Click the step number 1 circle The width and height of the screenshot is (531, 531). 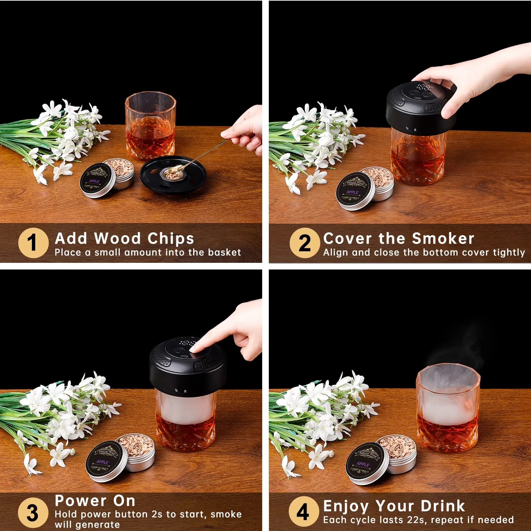point(33,243)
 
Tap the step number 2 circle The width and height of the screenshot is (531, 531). point(305,243)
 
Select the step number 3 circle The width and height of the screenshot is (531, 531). point(33,512)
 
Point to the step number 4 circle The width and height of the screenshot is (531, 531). point(303,511)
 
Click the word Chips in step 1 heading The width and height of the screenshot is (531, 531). point(171,239)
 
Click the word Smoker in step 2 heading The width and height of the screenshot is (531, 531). point(443,239)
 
